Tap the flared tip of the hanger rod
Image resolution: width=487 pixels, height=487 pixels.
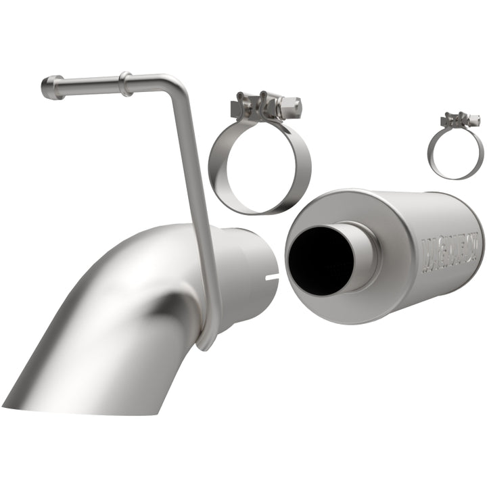click(50, 88)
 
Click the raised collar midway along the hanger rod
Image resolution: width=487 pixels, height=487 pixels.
click(124, 83)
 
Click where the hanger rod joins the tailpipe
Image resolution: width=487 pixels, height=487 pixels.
click(207, 331)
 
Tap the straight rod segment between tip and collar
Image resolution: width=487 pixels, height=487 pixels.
click(88, 85)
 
